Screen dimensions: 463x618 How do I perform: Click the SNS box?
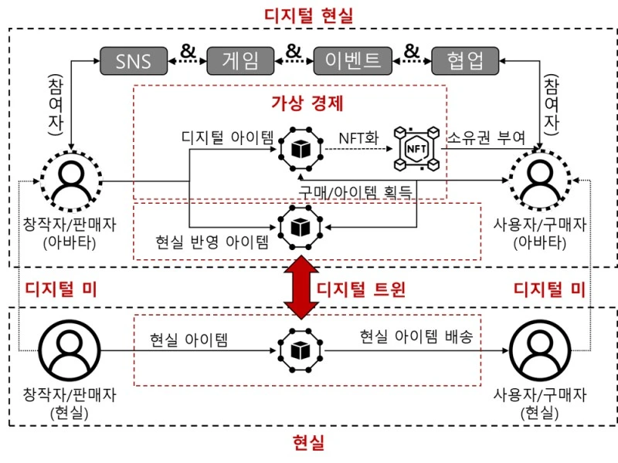click(134, 61)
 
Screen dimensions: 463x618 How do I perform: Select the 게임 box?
click(241, 61)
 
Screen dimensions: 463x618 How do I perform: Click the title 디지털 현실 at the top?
click(308, 15)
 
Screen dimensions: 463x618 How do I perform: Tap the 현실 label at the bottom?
click(308, 443)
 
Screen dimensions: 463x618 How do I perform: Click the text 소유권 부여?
click(487, 137)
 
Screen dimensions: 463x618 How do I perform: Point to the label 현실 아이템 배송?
click(411, 337)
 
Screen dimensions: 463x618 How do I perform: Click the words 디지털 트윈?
click(361, 289)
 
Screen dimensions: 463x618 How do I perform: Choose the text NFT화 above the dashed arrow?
click(356, 137)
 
